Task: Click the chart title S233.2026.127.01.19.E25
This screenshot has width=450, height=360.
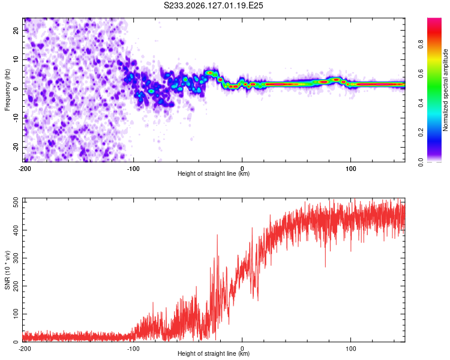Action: [213, 5]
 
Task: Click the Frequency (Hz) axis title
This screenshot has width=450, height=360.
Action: [7, 89]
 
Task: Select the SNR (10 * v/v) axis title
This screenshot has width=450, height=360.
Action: [7, 270]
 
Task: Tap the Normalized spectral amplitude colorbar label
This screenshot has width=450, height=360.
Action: [445, 89]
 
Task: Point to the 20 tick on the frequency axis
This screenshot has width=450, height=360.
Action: [16, 30]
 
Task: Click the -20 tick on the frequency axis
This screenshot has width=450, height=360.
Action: [16, 147]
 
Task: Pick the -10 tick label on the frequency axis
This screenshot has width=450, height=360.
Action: [16, 118]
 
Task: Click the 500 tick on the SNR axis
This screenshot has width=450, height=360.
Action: [16, 202]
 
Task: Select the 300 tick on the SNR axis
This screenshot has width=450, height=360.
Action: [16, 258]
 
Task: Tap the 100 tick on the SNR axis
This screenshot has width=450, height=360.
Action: [16, 314]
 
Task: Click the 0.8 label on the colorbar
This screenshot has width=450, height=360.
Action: [421, 44]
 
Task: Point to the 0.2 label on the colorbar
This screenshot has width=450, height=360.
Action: [421, 133]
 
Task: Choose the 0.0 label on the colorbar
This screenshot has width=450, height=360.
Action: [421, 162]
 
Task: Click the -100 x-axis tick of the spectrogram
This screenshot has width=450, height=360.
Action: [133, 169]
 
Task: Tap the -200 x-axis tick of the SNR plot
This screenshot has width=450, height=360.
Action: [25, 349]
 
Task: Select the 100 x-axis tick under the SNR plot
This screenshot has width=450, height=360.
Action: [351, 349]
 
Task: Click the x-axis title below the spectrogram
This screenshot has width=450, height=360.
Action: [214, 173]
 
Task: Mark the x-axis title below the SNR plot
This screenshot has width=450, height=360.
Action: [214, 353]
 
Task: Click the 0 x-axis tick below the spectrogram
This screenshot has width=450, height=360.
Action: [242, 169]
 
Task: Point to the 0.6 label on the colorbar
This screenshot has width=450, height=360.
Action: [421, 74]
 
